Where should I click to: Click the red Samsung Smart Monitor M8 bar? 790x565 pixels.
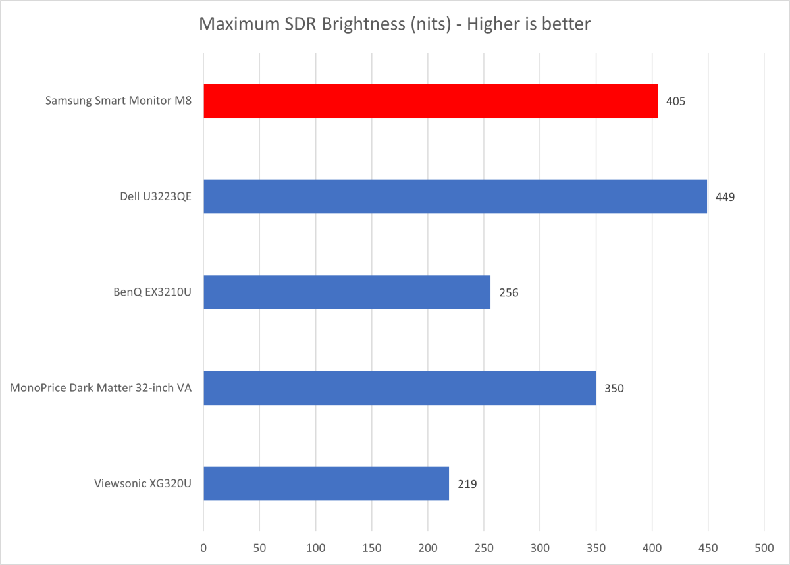coord(431,101)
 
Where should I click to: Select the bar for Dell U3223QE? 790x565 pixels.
coord(455,196)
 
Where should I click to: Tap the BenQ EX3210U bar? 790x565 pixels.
coord(347,292)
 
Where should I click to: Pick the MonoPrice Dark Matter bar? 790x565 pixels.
coord(400,388)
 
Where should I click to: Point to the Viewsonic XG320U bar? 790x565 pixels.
coord(326,483)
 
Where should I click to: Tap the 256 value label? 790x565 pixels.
coord(508,292)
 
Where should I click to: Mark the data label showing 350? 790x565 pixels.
coord(614,389)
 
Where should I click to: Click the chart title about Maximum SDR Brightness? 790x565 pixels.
coord(395,25)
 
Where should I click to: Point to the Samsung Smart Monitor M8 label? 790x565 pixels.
coord(118,101)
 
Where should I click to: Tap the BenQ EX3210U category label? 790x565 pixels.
coord(153,292)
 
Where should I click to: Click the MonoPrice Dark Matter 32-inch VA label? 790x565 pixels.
coord(101,389)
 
